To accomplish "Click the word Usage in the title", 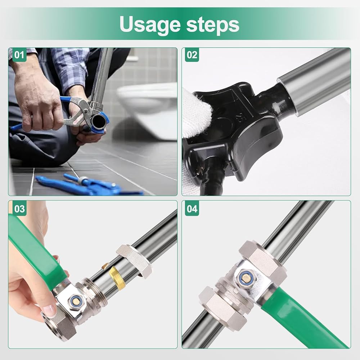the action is tap(150, 24).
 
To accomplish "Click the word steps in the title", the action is tap(213, 24).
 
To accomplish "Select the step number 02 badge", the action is tap(192, 55).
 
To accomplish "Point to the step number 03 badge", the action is tap(19, 209).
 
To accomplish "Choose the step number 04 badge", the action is tap(192, 209).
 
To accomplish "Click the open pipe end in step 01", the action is tap(98, 120).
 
